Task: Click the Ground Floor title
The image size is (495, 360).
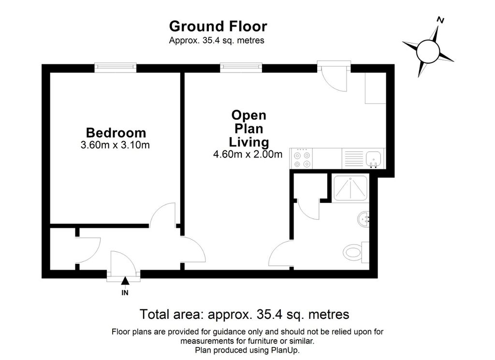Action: pyautogui.click(x=218, y=26)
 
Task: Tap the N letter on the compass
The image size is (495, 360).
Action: pyautogui.click(x=440, y=20)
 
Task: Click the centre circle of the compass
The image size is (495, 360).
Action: pyautogui.click(x=428, y=50)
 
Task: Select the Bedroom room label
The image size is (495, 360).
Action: pyautogui.click(x=116, y=132)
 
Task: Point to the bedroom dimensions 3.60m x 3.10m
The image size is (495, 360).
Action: pyautogui.click(x=116, y=145)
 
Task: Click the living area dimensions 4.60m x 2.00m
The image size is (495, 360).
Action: pyautogui.click(x=247, y=155)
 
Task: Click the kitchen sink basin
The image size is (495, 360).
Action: pyautogui.click(x=374, y=158)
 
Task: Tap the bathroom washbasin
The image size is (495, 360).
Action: pyautogui.click(x=364, y=220)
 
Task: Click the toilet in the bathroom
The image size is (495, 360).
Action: pyautogui.click(x=354, y=252)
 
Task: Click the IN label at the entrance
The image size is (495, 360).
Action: pyautogui.click(x=125, y=292)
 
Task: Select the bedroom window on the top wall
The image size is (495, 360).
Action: pyautogui.click(x=115, y=68)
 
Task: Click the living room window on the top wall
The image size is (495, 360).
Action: pyautogui.click(x=241, y=68)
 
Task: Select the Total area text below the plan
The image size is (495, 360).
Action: pyautogui.click(x=244, y=315)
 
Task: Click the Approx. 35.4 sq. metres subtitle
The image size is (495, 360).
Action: pyautogui.click(x=217, y=41)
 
